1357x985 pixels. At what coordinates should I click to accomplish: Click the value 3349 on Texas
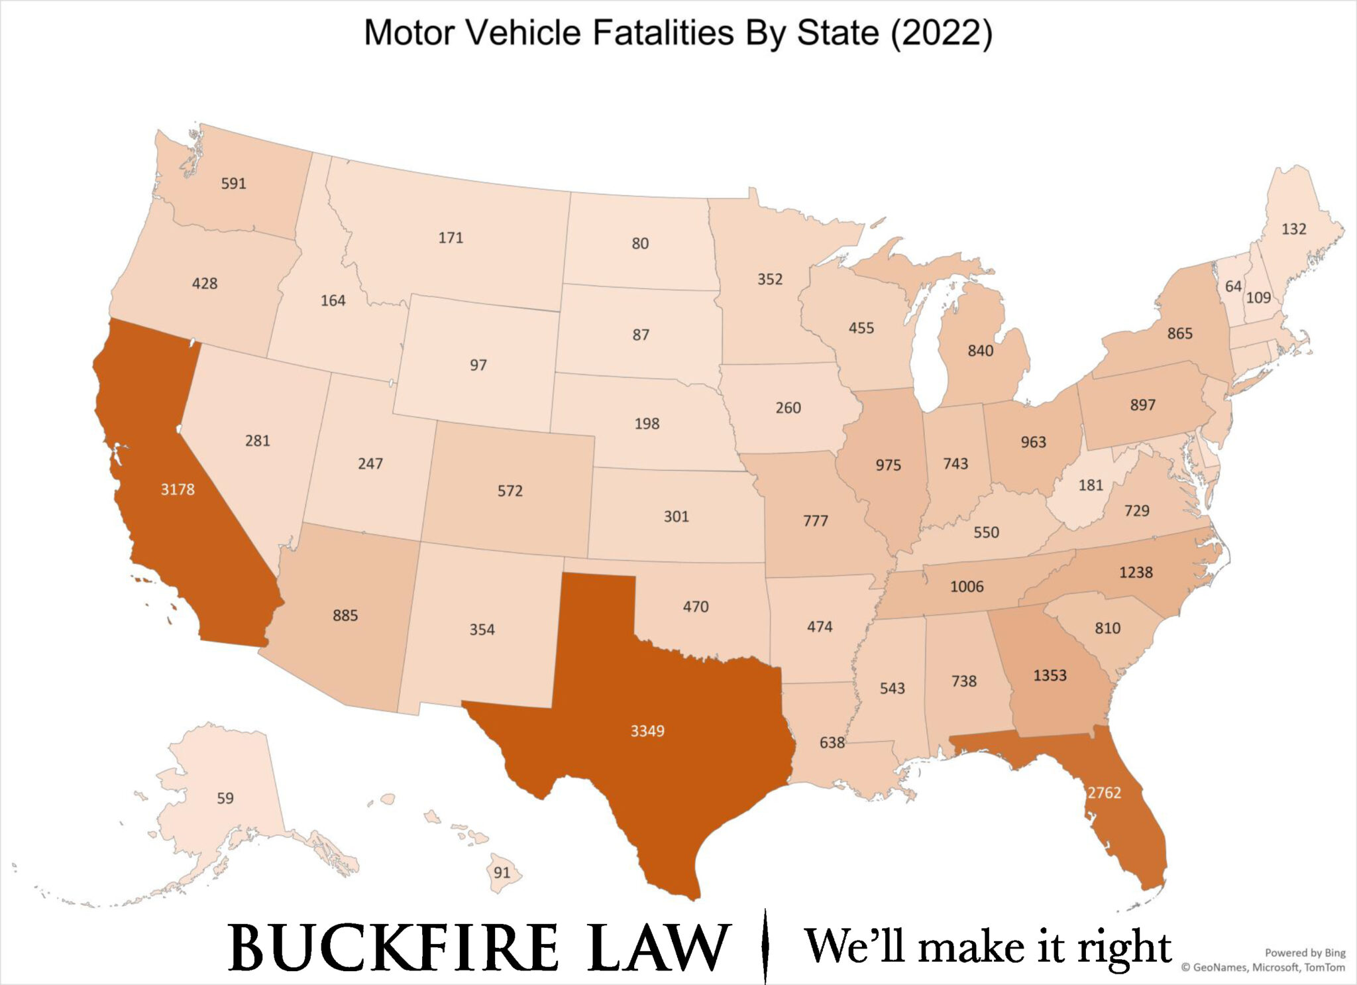[647, 731]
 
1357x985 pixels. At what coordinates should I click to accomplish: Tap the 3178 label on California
[178, 490]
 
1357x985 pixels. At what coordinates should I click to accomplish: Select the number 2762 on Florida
[1104, 793]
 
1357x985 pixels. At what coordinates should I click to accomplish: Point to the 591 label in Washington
[233, 184]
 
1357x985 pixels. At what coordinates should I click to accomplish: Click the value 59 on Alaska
[225, 798]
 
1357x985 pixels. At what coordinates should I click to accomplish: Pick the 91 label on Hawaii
[502, 872]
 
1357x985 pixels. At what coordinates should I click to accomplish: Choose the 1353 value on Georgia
[1050, 675]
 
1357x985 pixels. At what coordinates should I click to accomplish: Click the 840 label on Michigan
[980, 351]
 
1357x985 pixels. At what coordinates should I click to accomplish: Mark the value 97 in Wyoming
[478, 365]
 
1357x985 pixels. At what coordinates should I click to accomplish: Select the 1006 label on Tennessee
[967, 587]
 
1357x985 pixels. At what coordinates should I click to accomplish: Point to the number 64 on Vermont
[1233, 286]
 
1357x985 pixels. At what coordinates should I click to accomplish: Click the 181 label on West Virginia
[1091, 485]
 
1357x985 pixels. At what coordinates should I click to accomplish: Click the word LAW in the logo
[658, 948]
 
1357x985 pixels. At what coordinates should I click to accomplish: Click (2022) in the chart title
[941, 33]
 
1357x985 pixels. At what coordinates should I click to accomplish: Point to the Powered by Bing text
[1305, 953]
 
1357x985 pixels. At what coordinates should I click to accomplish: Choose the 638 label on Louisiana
[832, 742]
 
